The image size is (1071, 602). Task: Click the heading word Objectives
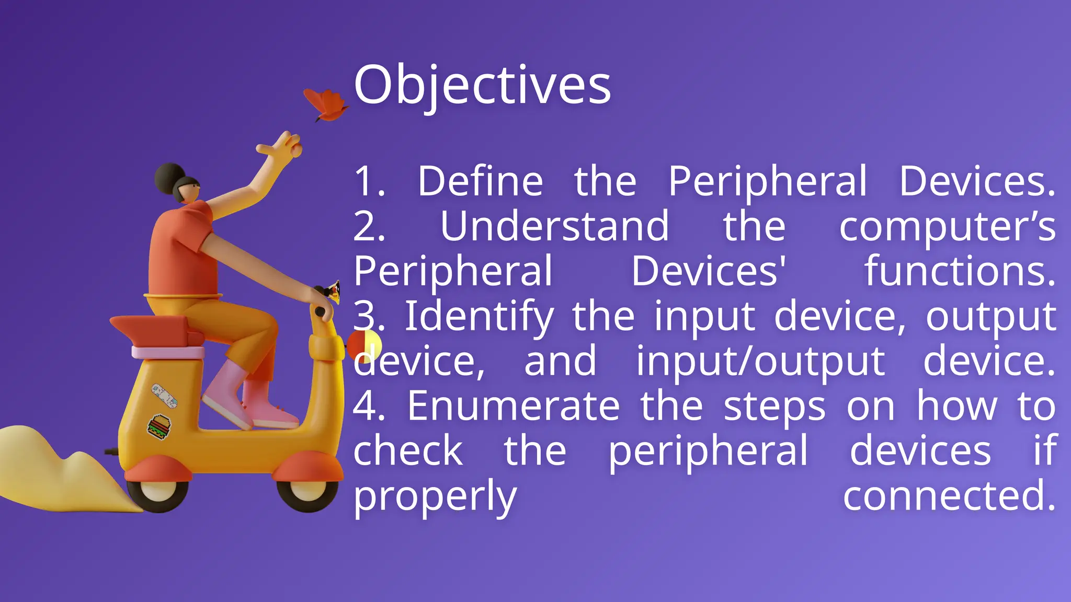482,85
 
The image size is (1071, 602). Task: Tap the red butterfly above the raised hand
326,103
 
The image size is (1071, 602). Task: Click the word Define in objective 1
480,181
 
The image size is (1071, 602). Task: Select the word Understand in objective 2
554,226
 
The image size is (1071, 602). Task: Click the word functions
959,271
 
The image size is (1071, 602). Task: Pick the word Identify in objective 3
479,317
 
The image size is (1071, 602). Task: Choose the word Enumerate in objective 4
513,407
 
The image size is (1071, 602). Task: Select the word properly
435,497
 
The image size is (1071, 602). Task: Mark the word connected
949,496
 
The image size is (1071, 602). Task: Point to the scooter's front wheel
307,491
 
